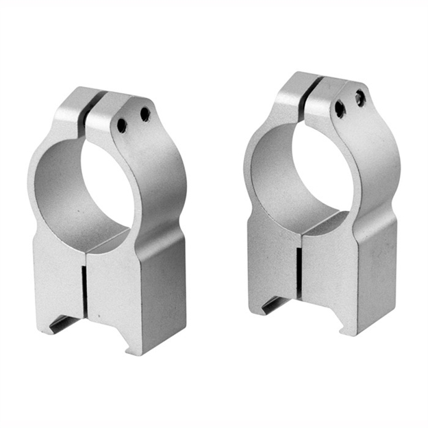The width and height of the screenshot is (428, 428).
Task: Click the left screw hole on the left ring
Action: coord(121,125)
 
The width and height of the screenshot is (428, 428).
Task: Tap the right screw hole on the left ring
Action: coord(145,114)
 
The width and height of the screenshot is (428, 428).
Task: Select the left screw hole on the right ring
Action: coord(340,109)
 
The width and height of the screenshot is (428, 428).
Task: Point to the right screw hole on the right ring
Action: coord(360,98)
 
